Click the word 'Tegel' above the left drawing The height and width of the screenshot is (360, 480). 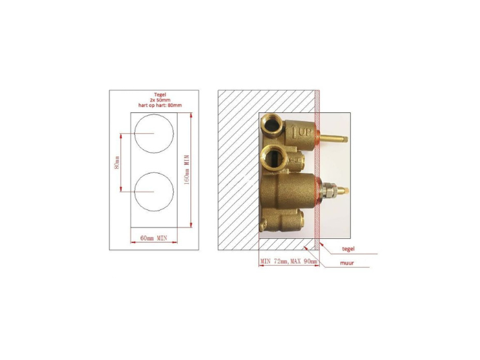point(154,94)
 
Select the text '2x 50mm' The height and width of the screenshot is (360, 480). point(154,100)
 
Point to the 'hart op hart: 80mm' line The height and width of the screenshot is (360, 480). point(154,106)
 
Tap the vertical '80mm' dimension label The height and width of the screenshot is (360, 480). point(116,162)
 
